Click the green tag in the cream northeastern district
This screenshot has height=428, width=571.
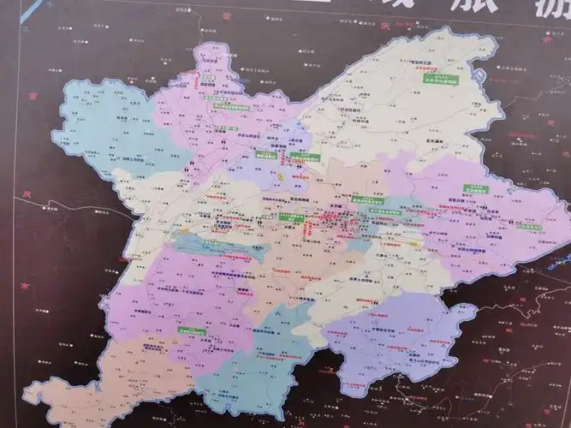pos(442,80)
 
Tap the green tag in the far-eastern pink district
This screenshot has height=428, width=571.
pos(475,189)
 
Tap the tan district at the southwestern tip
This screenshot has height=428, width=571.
pos(77,394)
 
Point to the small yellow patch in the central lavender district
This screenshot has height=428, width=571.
pos(280,175)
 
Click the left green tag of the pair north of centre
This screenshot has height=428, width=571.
pos(265,156)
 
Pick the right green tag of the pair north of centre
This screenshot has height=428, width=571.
pos(304,158)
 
